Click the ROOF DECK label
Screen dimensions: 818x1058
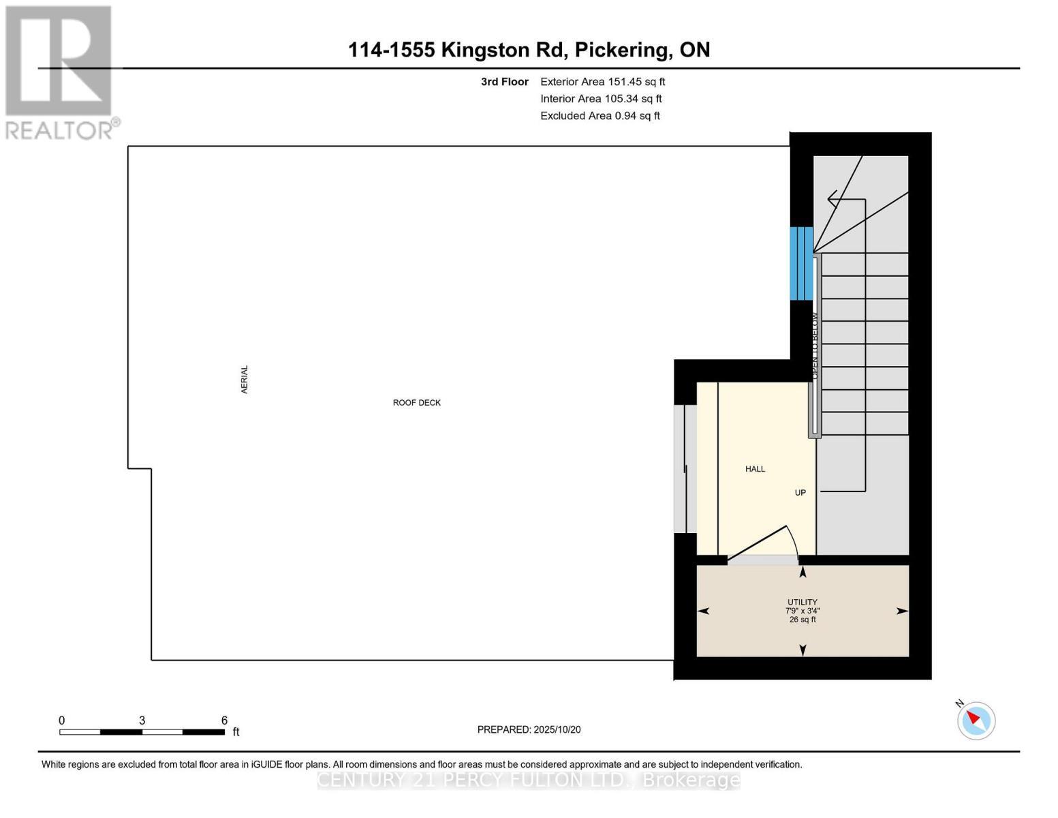(x=416, y=403)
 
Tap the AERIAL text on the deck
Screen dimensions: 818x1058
(x=245, y=379)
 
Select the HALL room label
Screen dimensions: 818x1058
(x=755, y=469)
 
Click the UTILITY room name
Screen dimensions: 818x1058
(x=802, y=602)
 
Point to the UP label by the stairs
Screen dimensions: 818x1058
(x=800, y=492)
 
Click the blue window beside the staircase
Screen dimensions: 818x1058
(x=801, y=263)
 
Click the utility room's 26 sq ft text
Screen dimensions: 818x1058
(x=802, y=620)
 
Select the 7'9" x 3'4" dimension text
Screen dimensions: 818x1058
(x=802, y=611)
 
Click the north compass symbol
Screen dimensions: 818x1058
(x=976, y=720)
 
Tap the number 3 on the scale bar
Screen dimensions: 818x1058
(x=142, y=721)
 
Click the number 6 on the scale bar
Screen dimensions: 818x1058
(x=224, y=721)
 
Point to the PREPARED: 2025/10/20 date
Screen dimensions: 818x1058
(x=529, y=729)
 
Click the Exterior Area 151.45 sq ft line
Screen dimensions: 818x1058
(x=602, y=82)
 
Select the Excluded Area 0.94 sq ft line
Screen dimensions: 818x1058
(x=600, y=116)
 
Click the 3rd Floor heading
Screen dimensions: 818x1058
(x=504, y=82)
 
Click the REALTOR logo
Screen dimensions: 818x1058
(x=60, y=72)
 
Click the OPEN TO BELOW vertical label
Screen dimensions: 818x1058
(x=814, y=346)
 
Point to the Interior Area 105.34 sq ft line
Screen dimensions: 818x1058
(x=601, y=99)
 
